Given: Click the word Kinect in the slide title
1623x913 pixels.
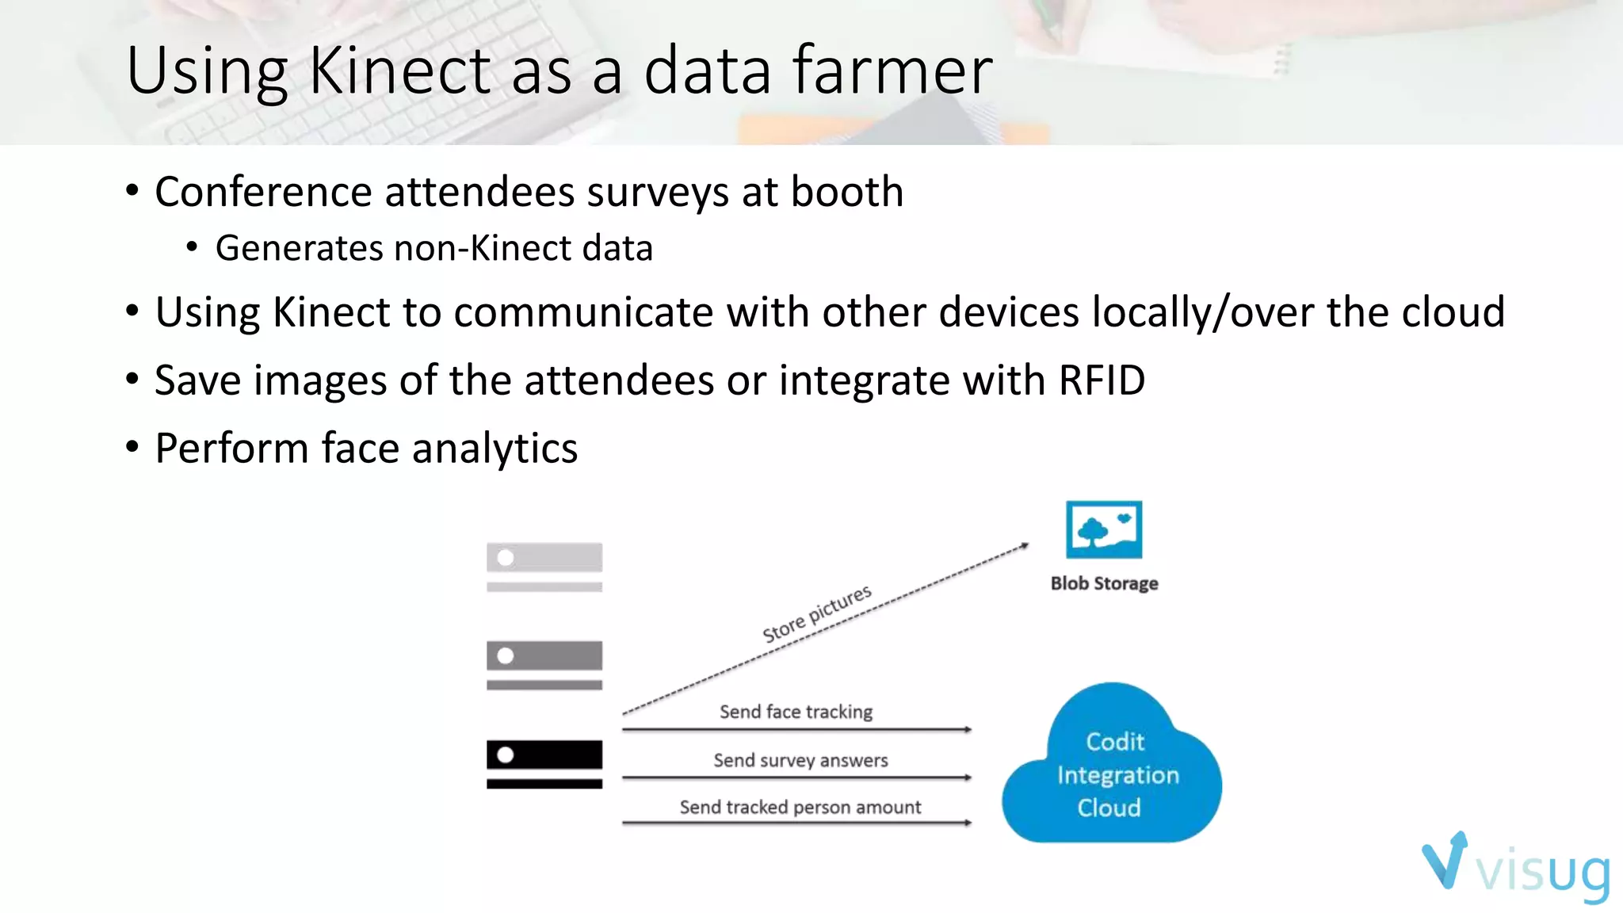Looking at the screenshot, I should [399, 71].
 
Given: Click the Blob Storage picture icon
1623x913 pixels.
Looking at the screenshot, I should [1104, 529].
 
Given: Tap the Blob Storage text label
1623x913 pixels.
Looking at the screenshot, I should [1104, 583].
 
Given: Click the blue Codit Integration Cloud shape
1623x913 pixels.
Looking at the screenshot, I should [1111, 773].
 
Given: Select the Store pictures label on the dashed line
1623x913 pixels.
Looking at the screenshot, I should [816, 613].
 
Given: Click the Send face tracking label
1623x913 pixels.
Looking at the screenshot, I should [796, 712].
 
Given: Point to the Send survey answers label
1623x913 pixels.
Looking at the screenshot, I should [800, 760].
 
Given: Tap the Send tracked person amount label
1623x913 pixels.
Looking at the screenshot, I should [800, 807].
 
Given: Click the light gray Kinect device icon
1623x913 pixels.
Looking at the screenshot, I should [544, 565].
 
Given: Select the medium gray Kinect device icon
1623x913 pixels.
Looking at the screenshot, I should [544, 663].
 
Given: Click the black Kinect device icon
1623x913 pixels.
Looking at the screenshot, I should [544, 762].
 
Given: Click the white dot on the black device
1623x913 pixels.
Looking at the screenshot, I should [506, 754].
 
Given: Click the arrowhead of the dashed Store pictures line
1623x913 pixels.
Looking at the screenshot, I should [1025, 545].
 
